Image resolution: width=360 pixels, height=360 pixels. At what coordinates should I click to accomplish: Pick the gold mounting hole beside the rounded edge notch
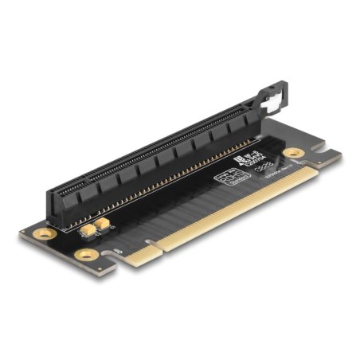point(87,255)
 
